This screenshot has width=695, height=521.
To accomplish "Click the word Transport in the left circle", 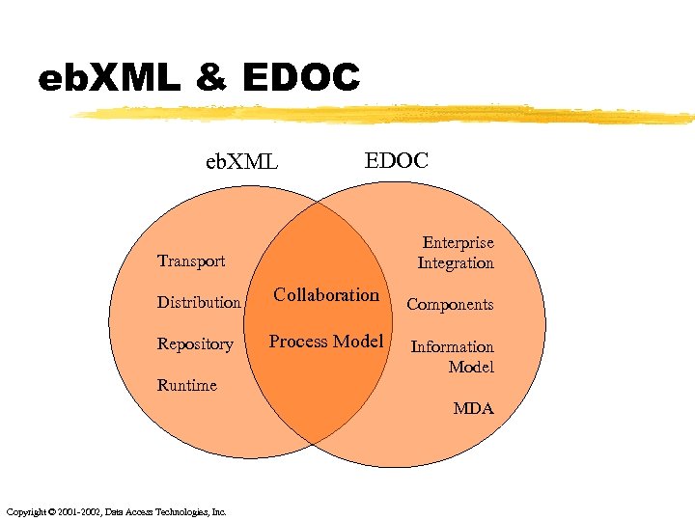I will (191, 260).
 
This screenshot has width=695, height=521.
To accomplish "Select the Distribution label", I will (199, 302).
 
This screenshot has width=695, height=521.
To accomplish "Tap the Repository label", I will (195, 344).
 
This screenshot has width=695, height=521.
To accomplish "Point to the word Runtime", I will (187, 385).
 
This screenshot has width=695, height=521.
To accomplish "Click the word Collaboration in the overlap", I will (326, 295).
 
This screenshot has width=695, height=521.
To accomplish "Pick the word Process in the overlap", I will (298, 341).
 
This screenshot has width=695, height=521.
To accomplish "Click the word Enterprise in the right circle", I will (459, 243).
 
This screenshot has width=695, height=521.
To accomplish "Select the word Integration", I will (456, 262).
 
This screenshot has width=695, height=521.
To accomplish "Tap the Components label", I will (450, 304).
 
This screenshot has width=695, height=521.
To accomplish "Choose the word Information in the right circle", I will (453, 346).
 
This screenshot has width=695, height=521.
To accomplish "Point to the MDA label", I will (473, 408).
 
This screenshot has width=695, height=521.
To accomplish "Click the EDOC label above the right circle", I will (396, 159).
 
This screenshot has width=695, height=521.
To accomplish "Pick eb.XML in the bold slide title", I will (108, 77).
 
